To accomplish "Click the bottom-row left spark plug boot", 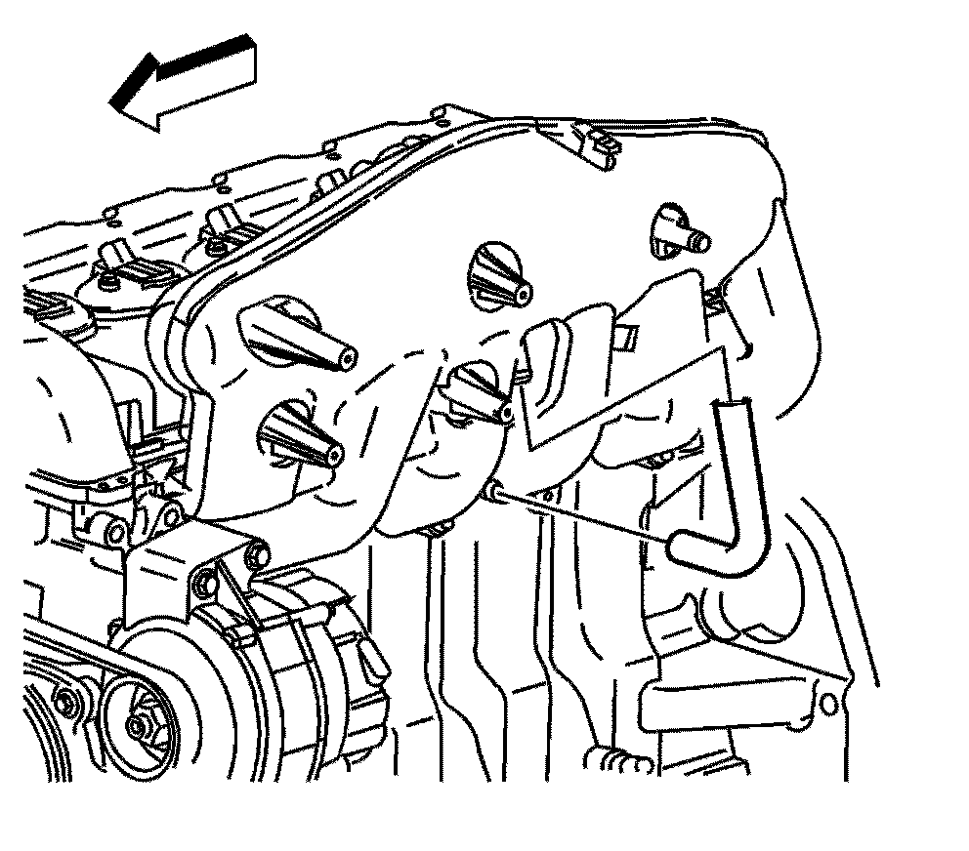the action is pos(298,435).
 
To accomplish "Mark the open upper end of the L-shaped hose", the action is pos(729,404).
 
